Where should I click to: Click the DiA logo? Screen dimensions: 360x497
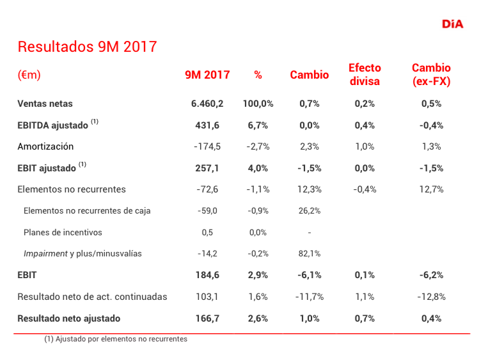click(452, 24)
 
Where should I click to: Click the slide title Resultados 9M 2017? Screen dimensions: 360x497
click(87, 47)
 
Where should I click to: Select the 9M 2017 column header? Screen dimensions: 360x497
click(207, 75)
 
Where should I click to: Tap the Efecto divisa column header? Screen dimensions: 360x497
click(365, 74)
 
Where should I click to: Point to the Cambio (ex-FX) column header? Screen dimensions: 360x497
click(431, 74)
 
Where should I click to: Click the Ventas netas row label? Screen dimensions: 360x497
click(45, 104)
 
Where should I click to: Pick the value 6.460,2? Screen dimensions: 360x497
click(207, 104)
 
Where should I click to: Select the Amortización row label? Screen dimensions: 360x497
click(45, 146)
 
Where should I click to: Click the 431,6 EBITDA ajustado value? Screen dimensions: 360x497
click(207, 125)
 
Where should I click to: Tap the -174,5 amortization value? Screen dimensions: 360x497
click(207, 146)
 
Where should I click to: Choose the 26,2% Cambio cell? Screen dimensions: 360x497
click(310, 211)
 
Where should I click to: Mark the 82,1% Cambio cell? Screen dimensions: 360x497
click(310, 254)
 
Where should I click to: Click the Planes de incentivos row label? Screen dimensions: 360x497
click(63, 232)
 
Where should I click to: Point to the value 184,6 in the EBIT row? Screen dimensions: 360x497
click(207, 275)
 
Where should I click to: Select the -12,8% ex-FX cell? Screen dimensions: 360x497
click(431, 297)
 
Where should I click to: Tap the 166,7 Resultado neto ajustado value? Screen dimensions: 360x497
click(207, 318)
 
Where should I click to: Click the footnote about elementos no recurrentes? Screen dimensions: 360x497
click(116, 340)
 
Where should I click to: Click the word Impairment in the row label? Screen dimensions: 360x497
click(45, 254)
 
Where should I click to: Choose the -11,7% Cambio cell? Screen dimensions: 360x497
click(310, 297)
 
